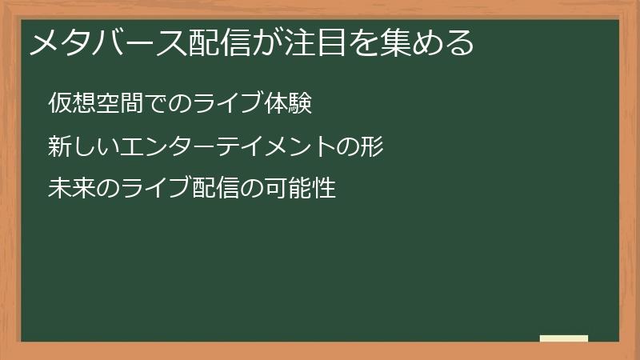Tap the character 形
click(373, 147)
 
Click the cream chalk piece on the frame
click(564, 338)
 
